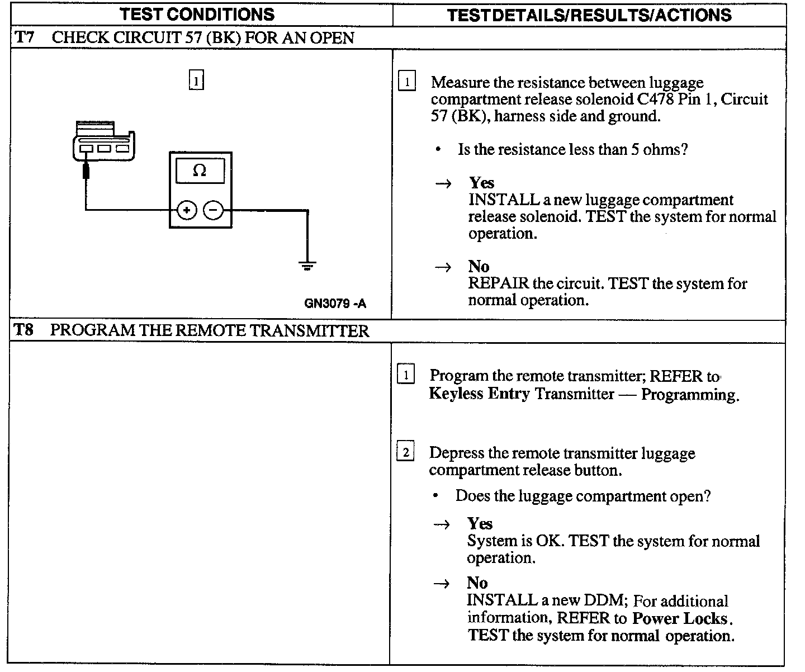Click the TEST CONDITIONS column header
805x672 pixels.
coord(198,15)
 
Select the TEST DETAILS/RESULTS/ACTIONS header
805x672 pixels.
coord(589,15)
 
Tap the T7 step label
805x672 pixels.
coord(24,38)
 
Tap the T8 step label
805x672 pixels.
coord(23,330)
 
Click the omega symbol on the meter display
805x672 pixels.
coord(200,171)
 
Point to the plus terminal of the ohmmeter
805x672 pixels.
coord(187,210)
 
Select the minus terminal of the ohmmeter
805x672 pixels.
coord(213,210)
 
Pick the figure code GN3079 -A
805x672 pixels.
coord(335,304)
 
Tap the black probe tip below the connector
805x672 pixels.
coord(86,170)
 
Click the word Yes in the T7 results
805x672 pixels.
coord(482,183)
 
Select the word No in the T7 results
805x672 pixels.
coord(479,266)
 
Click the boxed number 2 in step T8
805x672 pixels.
coord(405,452)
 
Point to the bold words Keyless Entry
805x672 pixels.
coord(479,394)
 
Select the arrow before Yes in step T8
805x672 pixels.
coord(442,524)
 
